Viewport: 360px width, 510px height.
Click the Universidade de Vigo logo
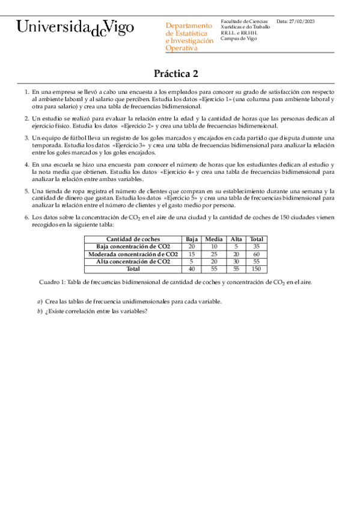76,28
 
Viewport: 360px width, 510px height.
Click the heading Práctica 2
175,74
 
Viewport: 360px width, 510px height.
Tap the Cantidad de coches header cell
133,239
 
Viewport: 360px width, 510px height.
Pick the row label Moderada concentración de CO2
133,254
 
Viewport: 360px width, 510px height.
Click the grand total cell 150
257,268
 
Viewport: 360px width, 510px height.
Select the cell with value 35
257,247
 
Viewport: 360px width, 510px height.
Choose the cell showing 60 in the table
257,254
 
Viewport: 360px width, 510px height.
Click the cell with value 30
236,261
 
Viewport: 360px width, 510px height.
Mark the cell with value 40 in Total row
192,268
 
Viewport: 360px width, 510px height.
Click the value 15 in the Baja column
192,254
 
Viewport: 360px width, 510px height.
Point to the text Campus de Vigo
239,38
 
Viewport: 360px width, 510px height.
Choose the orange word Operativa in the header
181,48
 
